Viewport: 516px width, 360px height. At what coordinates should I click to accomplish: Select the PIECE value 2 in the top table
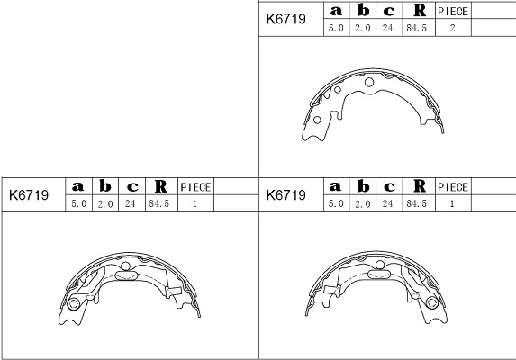(452, 28)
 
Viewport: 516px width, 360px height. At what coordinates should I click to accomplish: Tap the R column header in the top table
(418, 11)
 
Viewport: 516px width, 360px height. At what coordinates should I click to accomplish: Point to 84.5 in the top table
(418, 28)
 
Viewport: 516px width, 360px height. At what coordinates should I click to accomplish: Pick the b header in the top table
(363, 11)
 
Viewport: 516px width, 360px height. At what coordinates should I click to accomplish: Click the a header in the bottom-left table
(78, 186)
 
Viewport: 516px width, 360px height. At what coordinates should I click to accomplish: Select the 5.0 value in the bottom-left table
(78, 204)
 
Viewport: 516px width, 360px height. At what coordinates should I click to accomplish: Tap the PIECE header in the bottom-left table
(195, 187)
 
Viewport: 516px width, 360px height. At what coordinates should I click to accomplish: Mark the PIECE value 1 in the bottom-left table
(195, 204)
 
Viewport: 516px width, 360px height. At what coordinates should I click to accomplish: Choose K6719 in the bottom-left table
(29, 194)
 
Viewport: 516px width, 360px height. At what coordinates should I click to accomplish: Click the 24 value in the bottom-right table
(389, 204)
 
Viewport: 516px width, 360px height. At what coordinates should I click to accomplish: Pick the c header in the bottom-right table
(389, 186)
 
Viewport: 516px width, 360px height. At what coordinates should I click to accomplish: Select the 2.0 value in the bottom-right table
(363, 204)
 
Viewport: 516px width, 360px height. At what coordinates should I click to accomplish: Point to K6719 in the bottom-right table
(286, 194)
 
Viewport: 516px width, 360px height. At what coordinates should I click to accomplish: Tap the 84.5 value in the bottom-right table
(418, 204)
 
